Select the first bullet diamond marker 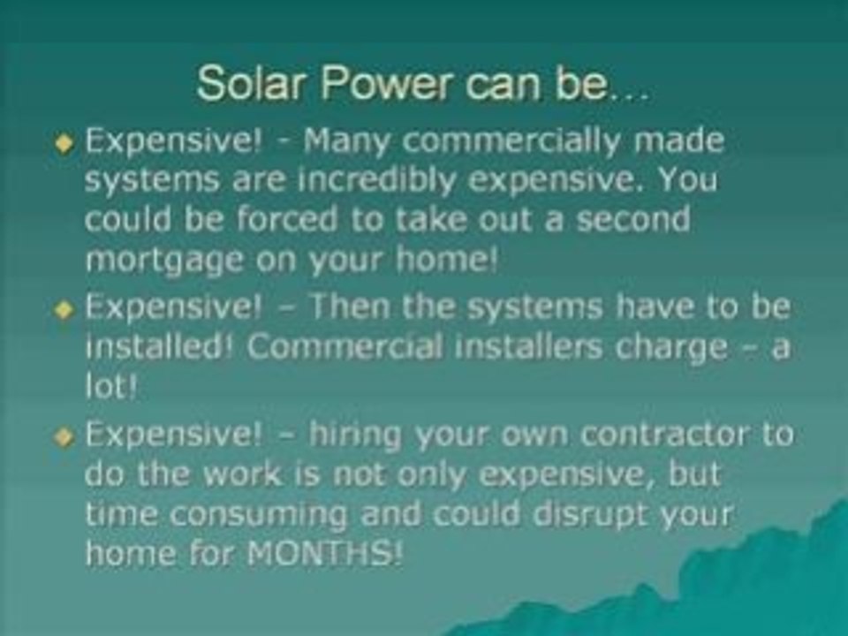(x=64, y=147)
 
